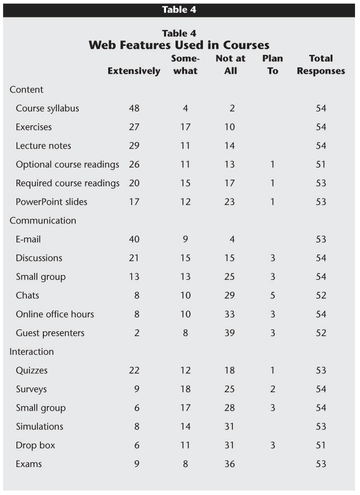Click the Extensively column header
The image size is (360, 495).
[x=134, y=71]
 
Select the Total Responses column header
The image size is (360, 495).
[x=321, y=65]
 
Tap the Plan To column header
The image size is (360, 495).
[x=273, y=65]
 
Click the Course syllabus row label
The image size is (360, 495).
[x=47, y=108]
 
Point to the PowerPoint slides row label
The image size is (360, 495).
[x=51, y=202]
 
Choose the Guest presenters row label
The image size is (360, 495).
[x=50, y=333]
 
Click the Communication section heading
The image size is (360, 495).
[x=43, y=221]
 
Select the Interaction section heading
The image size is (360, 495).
[x=31, y=352]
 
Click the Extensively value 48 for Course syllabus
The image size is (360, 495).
[x=134, y=108]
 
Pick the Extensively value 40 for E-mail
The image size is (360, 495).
[x=134, y=240]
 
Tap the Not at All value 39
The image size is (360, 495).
[x=229, y=333]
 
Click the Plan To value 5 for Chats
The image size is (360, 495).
[x=273, y=295]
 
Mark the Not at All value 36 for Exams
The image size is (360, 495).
[x=229, y=464]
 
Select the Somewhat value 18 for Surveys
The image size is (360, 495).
[x=185, y=389]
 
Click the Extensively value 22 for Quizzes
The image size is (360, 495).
[x=134, y=370]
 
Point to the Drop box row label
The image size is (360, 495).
[x=35, y=445]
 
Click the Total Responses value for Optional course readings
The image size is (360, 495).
[x=321, y=165]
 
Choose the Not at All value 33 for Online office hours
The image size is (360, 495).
[x=229, y=314]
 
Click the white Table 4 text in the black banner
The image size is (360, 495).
[x=179, y=10]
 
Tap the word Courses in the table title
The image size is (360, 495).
[x=246, y=45]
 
